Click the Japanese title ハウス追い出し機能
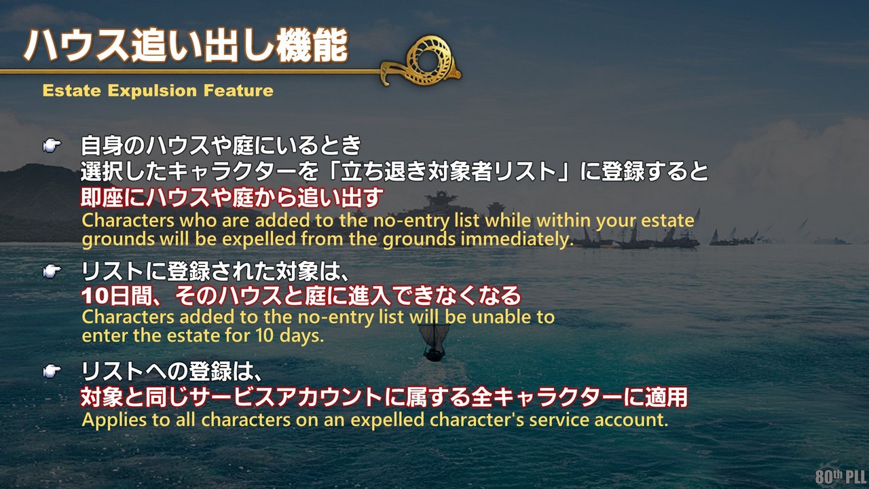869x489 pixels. point(186,46)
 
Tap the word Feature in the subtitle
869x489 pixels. point(238,90)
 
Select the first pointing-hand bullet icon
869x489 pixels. point(52,145)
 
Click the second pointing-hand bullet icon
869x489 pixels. point(52,271)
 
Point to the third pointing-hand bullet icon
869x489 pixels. point(52,371)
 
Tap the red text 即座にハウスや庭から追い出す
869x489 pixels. point(232,198)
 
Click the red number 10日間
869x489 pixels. point(119,295)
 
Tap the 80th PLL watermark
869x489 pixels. point(840,476)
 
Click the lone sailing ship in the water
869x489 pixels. point(434,342)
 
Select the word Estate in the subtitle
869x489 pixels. point(72,91)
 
